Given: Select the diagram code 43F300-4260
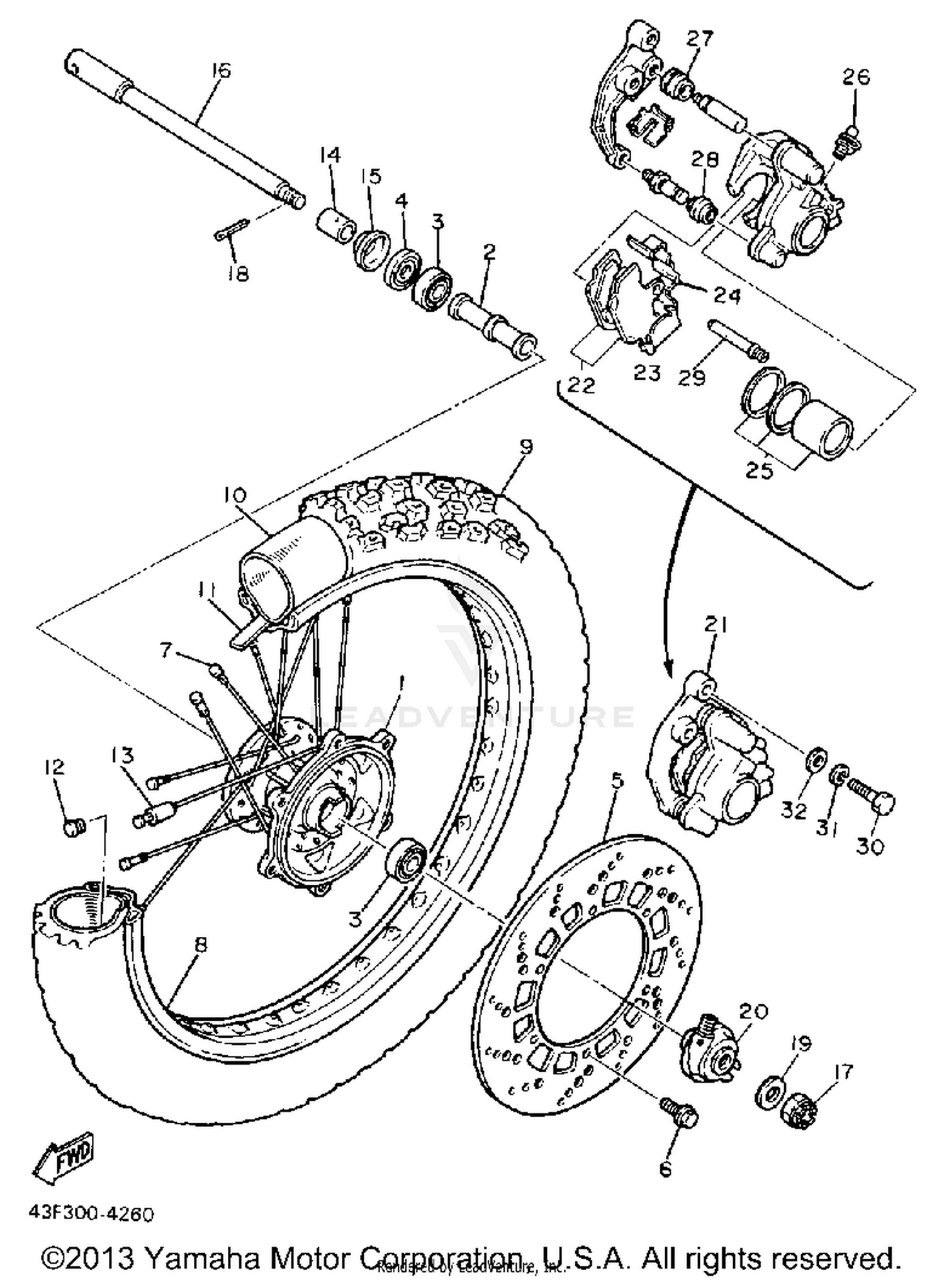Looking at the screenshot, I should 91,1213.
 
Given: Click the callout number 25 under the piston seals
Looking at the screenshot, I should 758,470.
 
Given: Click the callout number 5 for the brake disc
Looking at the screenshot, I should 617,781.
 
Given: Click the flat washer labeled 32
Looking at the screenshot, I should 816,760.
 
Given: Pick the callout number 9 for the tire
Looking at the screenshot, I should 526,446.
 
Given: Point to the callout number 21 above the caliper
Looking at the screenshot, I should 716,625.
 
